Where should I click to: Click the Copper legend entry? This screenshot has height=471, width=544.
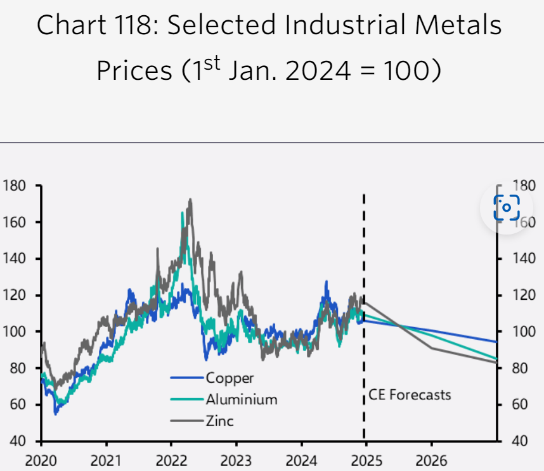click(229, 378)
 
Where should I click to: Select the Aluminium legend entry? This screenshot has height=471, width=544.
click(241, 399)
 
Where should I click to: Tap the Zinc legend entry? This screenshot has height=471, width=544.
click(219, 420)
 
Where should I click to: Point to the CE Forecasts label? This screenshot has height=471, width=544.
click(410, 395)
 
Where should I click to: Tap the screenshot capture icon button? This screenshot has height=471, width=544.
click(507, 207)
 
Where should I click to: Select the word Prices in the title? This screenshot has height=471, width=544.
click(134, 71)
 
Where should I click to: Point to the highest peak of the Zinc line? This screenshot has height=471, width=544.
click(190, 200)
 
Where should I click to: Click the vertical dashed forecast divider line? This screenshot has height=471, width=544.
click(364, 285)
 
